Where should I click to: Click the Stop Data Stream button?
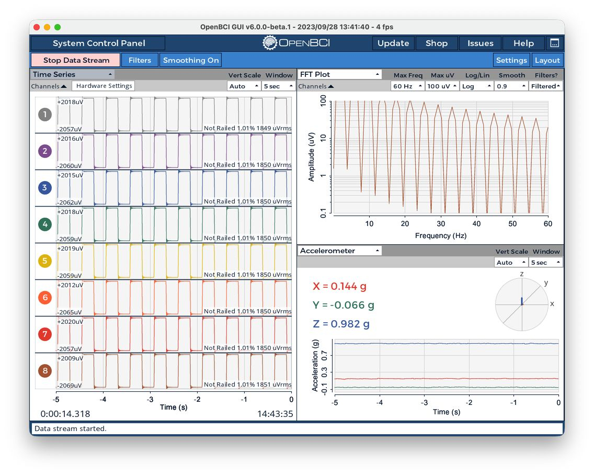point(76,60)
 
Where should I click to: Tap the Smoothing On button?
point(190,60)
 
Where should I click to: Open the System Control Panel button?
point(98,43)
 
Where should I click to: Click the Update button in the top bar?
point(393,43)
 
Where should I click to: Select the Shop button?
point(437,43)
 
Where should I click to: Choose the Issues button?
point(480,43)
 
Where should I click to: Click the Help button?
point(523,43)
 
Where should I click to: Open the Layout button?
point(547,60)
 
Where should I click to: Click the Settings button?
point(511,60)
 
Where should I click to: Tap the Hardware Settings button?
point(104,86)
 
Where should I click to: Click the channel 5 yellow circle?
point(45,261)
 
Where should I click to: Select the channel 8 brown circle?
point(45,371)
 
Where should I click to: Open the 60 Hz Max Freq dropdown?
point(408,86)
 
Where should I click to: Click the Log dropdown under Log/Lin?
point(476,86)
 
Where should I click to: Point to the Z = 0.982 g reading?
point(341,324)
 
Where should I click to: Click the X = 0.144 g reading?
point(339,286)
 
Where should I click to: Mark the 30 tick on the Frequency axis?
point(441,224)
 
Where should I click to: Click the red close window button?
point(37,27)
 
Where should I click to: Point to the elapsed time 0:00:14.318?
point(65,414)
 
